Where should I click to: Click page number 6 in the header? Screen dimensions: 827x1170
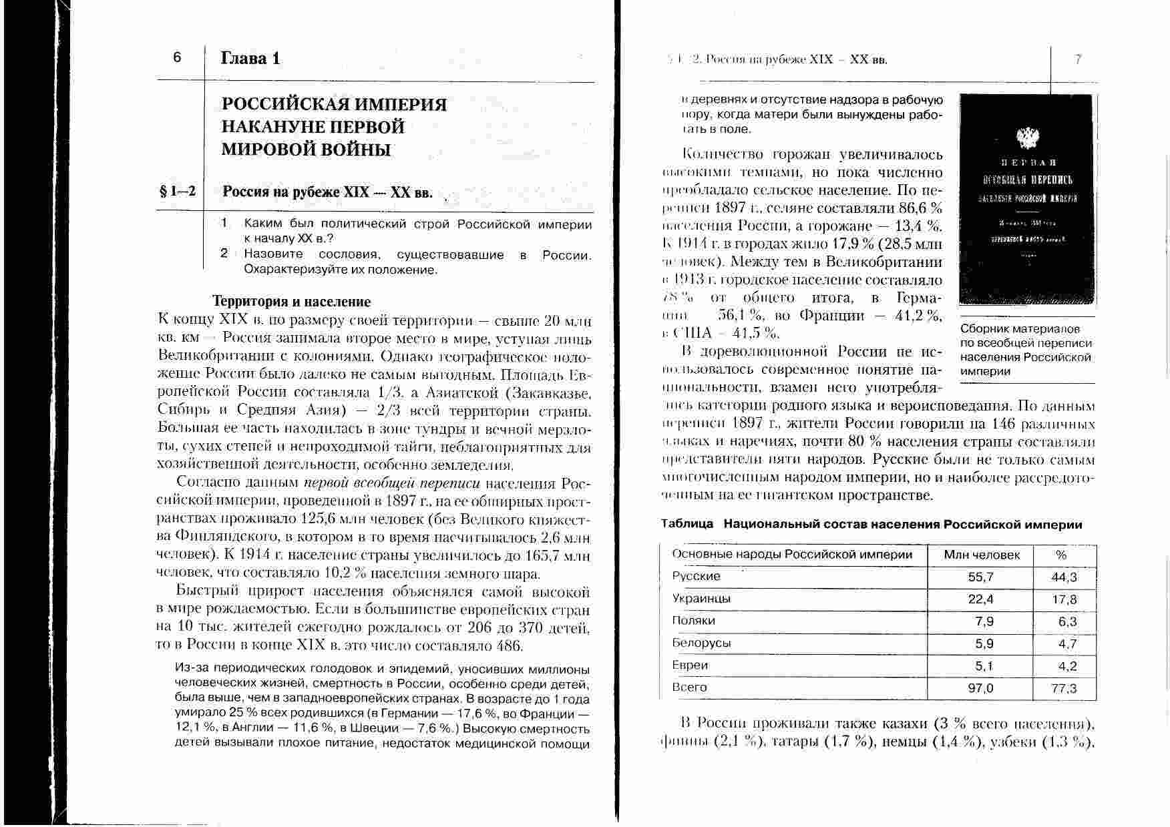coord(177,57)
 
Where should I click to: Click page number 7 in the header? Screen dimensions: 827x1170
coord(1078,59)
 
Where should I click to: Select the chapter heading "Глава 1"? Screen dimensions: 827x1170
coord(250,59)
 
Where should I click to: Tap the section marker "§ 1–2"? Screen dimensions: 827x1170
coord(178,192)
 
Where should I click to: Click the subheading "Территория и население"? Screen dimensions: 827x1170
coord(291,302)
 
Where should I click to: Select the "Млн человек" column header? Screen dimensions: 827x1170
coord(982,555)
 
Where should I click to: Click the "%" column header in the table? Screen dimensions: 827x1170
coord(1061,555)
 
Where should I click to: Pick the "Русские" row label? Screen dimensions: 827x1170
coord(697,577)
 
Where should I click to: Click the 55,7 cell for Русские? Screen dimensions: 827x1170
coord(980,577)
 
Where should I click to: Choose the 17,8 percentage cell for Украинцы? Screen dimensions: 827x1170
coord(1064,599)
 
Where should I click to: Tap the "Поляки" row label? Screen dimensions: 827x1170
coord(694,621)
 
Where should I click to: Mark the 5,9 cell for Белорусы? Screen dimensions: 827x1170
coord(984,644)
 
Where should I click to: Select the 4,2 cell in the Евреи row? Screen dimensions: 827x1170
coord(1067,666)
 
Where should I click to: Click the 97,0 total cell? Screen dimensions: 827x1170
coord(980,688)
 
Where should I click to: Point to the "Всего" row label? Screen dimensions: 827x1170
coord(690,687)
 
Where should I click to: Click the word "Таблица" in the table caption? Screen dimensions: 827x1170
coord(687,525)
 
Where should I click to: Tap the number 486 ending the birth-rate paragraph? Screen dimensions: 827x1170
coord(510,646)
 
